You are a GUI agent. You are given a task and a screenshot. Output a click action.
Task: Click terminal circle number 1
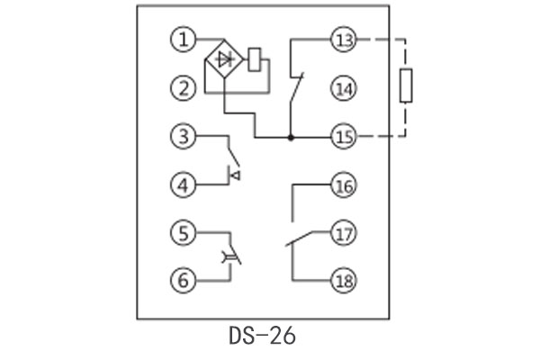[x=184, y=40]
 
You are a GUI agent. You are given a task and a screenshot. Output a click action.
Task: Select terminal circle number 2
[x=184, y=88]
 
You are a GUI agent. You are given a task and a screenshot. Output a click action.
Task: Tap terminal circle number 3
[x=184, y=137]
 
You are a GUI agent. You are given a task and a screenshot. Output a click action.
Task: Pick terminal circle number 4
[x=184, y=186]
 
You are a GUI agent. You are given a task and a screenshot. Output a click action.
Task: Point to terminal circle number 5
[x=184, y=235]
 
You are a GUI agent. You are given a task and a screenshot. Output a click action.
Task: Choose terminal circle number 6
[x=184, y=281]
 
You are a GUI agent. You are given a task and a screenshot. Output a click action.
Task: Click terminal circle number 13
[x=345, y=40]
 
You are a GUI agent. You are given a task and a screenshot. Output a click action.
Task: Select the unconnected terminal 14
[x=345, y=88]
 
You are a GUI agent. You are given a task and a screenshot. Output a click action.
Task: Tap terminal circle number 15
[x=345, y=137]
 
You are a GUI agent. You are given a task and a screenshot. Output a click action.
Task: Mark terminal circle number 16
[x=345, y=186]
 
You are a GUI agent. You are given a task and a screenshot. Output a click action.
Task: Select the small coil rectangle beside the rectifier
[x=255, y=58]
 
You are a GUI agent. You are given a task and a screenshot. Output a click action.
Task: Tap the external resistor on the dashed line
[x=407, y=88]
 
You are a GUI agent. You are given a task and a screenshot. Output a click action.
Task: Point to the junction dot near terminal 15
[x=290, y=138]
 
